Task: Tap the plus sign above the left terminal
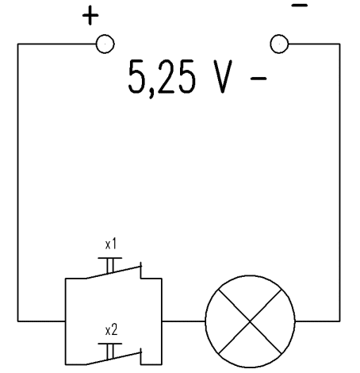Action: pos(90,15)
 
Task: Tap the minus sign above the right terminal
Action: pos(300,5)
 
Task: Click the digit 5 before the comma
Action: pos(136,76)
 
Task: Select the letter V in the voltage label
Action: pos(223,76)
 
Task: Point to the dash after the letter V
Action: pos(259,78)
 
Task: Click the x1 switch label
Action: pos(111,244)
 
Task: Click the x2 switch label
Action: pos(111,330)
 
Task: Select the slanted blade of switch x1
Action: pos(113,272)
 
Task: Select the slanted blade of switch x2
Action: pos(113,359)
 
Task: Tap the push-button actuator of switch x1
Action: pos(110,265)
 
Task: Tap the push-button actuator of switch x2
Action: pos(110,352)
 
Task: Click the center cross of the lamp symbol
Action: pos(250,321)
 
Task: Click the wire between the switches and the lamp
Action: pos(184,321)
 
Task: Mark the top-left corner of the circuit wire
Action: pos(18,44)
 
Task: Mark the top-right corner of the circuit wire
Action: pos(339,44)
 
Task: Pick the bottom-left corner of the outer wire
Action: pos(18,321)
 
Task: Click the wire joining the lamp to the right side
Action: pos(317,321)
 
